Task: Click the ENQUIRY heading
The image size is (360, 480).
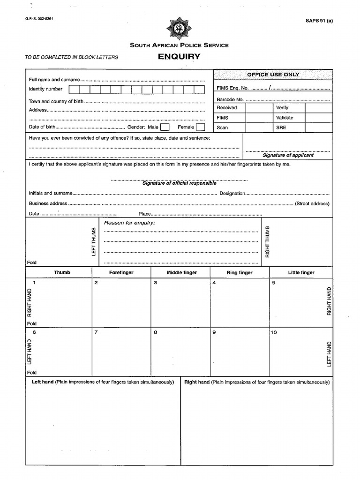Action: (179, 57)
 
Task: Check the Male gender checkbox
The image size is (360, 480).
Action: (165, 127)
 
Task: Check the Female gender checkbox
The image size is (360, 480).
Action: (200, 127)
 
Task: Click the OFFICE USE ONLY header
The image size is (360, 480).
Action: (273, 75)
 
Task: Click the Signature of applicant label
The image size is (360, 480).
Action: (288, 155)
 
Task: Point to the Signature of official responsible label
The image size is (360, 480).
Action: (179, 183)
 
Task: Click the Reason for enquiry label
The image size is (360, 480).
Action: (129, 223)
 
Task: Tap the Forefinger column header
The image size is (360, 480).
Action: (121, 272)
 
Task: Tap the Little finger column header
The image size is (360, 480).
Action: (301, 272)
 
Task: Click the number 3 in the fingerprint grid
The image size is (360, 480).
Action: (155, 283)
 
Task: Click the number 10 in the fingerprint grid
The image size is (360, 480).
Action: (274, 332)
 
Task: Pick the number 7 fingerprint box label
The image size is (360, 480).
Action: (96, 332)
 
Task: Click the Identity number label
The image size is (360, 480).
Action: (45, 89)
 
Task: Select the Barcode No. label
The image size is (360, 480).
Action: (230, 99)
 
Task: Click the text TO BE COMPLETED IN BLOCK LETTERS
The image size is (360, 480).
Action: (72, 58)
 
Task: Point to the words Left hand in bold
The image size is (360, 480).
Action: (43, 382)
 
